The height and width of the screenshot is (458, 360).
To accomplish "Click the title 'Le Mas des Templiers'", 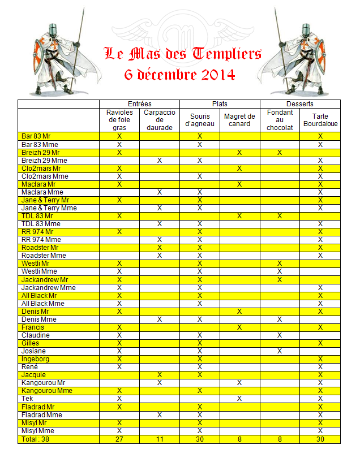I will pyautogui.click(x=183, y=54).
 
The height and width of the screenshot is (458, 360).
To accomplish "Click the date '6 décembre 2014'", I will pyautogui.click(x=179, y=75).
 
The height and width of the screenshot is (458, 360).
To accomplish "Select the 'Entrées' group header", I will pyautogui.click(x=139, y=104).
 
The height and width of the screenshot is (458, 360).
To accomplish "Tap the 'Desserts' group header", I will pyautogui.click(x=300, y=104).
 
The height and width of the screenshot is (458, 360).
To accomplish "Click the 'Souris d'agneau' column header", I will pyautogui.click(x=200, y=120).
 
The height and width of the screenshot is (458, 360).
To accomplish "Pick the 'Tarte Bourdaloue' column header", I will pyautogui.click(x=320, y=120).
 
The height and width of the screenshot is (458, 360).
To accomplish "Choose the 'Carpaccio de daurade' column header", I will pyautogui.click(x=160, y=120).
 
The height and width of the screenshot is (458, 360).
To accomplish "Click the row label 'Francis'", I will pyautogui.click(x=33, y=327).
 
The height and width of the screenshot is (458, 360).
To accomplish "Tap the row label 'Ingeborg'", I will pyautogui.click(x=36, y=359).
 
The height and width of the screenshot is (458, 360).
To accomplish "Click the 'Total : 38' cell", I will pyautogui.click(x=36, y=439).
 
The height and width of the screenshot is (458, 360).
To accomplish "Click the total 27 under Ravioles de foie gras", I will pyautogui.click(x=119, y=439).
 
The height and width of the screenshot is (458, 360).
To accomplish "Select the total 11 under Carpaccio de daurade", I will pyautogui.click(x=160, y=439).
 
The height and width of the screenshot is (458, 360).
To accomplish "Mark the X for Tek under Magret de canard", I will pyautogui.click(x=239, y=399).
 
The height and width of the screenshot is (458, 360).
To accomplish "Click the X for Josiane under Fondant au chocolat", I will pyautogui.click(x=280, y=351).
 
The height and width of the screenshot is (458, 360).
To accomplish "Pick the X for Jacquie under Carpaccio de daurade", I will pyautogui.click(x=160, y=375).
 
